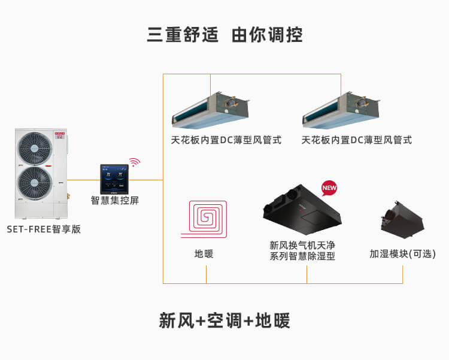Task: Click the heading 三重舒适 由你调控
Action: tap(224, 34)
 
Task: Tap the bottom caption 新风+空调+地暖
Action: tap(224, 321)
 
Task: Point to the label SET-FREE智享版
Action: tap(44, 229)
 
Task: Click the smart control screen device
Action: tap(114, 178)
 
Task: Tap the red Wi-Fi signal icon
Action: tap(134, 162)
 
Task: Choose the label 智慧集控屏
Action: tap(115, 201)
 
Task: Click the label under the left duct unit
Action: tap(226, 140)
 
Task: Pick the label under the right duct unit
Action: tap(356, 140)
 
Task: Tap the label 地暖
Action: tap(204, 254)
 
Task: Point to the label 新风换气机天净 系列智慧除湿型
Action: tap(302, 250)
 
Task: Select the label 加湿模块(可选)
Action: tap(402, 254)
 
